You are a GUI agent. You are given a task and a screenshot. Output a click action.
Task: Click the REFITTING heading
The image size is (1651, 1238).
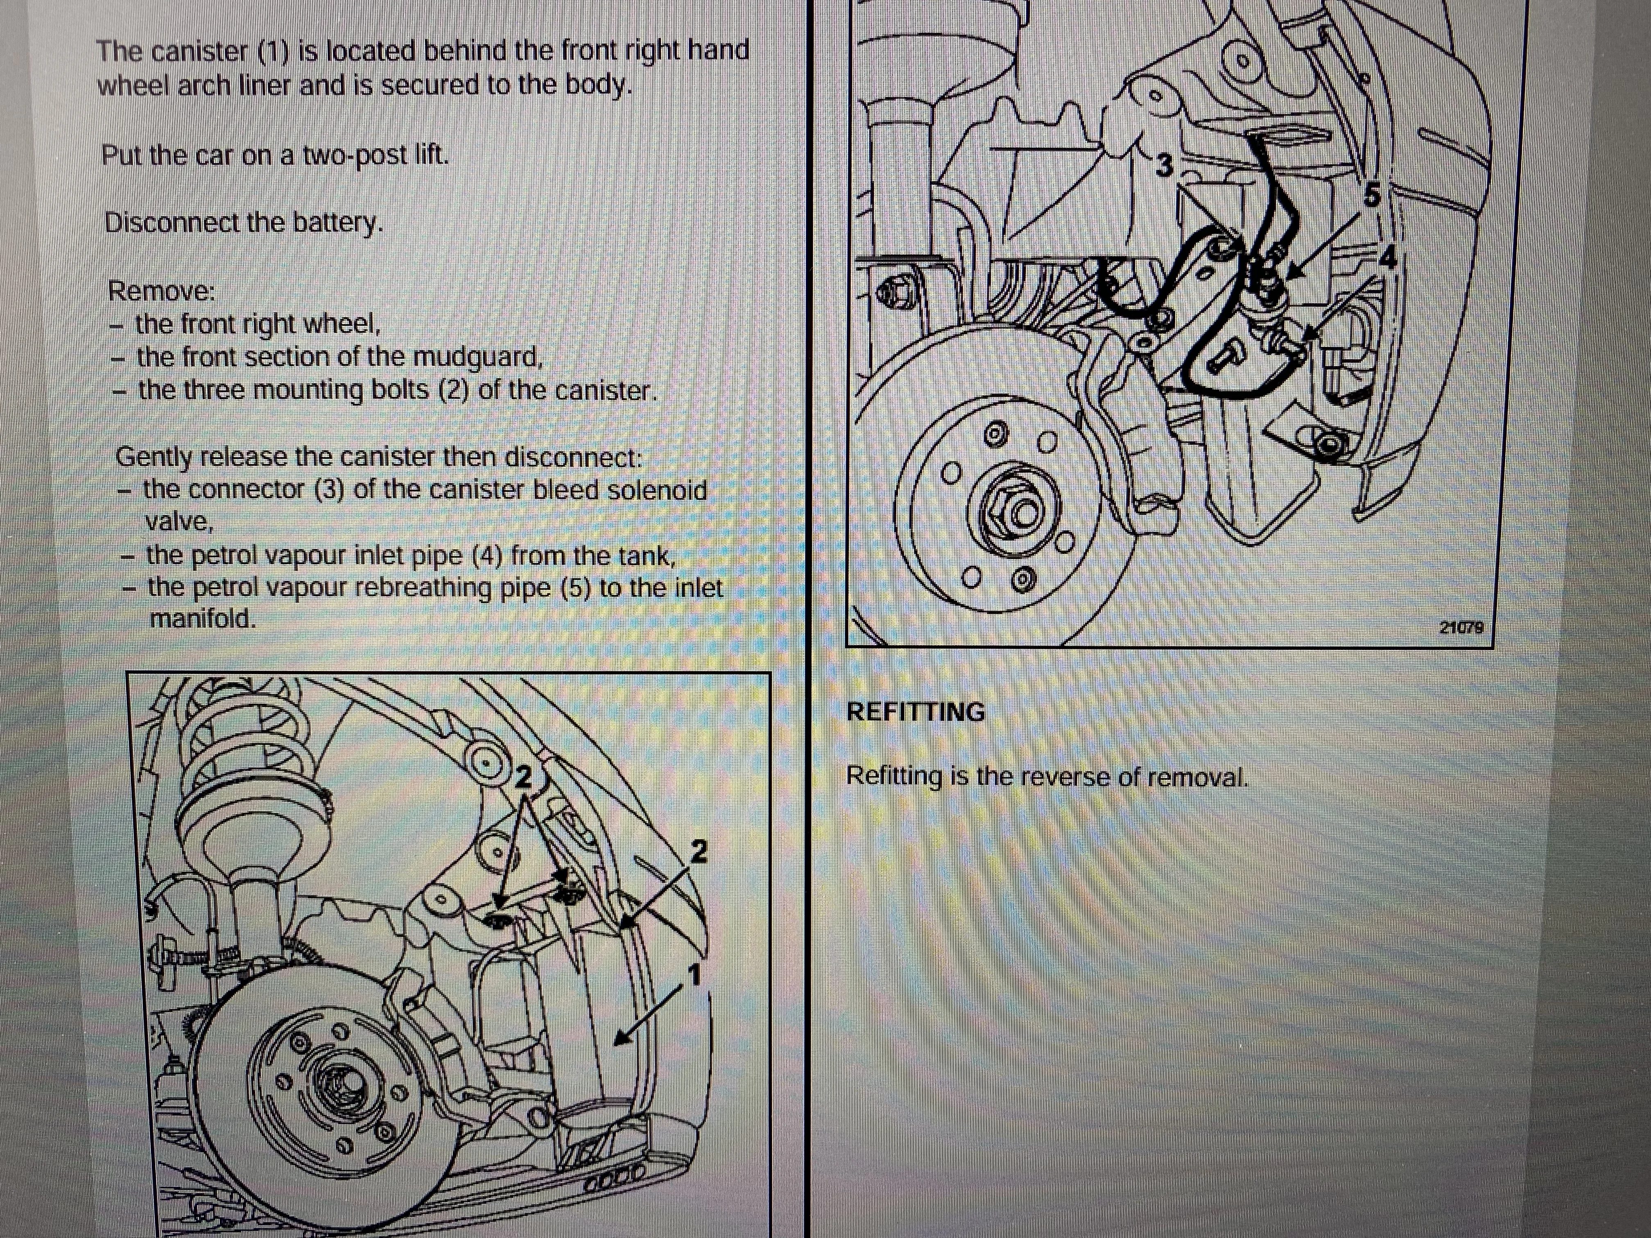pyautogui.click(x=915, y=712)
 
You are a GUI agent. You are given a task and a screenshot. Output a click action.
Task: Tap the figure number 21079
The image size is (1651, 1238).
pyautogui.click(x=1461, y=628)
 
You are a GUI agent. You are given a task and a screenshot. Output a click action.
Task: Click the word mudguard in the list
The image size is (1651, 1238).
pyautogui.click(x=478, y=358)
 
